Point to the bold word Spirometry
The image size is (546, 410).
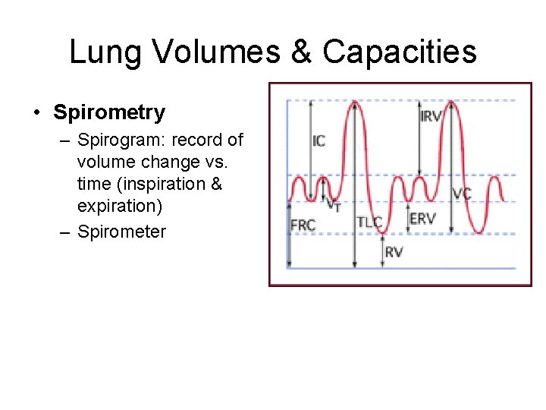108,113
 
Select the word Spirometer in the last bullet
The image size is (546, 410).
121,232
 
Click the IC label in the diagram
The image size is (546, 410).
318,141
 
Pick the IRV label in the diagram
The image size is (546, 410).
431,116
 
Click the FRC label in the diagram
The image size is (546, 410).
303,225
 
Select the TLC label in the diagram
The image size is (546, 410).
369,222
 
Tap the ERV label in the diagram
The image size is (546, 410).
422,218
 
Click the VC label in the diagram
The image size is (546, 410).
462,194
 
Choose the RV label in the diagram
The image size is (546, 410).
394,251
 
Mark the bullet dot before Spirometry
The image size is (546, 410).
36,114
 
